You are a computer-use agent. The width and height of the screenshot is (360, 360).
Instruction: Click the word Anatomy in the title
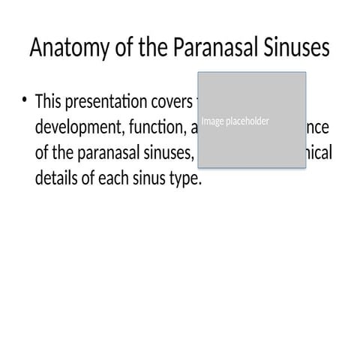coord(65,49)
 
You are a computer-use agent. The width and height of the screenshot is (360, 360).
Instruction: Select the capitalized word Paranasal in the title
coord(211,49)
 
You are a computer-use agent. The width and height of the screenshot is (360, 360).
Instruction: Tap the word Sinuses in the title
coord(292,49)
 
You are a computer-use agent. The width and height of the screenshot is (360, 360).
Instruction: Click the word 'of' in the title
coord(119,49)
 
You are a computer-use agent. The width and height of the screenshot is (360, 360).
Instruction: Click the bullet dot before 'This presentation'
coord(25,100)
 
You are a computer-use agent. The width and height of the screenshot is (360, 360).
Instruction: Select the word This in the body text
coord(49,101)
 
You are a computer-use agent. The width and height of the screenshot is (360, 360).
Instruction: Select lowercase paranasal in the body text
coord(108,154)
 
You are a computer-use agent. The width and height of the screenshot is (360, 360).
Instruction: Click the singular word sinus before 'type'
coord(158,180)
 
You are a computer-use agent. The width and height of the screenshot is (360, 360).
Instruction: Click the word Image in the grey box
coord(213,121)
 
